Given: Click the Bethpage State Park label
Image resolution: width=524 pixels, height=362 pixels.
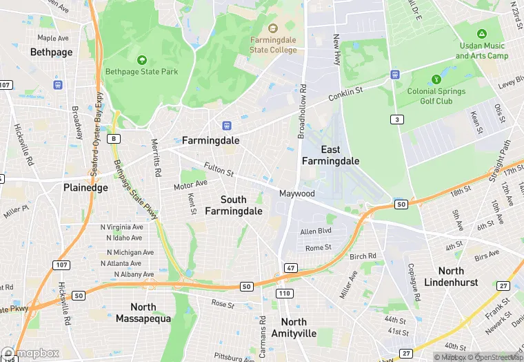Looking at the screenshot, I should pos(141,71).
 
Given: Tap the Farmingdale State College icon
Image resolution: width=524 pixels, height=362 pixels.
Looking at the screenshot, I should pos(273,29).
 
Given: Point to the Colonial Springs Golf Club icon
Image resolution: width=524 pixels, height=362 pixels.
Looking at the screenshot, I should pos(435,79).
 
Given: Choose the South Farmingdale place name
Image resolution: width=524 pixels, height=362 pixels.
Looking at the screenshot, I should pos(233,205).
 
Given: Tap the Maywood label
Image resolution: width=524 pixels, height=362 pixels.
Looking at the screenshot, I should pos(296,193).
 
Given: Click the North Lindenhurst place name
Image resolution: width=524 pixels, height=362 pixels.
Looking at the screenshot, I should pos(461,277).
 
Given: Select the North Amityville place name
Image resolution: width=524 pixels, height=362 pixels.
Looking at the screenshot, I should pos(294,327).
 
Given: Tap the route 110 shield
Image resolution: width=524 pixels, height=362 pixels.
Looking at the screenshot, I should pos(283,293).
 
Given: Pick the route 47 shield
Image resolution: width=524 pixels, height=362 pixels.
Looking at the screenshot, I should pos(291,267).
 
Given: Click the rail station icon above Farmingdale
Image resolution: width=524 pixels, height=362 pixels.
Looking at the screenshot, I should pos(225,126).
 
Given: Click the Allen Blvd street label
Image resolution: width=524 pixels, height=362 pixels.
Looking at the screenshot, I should pos(316,231).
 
